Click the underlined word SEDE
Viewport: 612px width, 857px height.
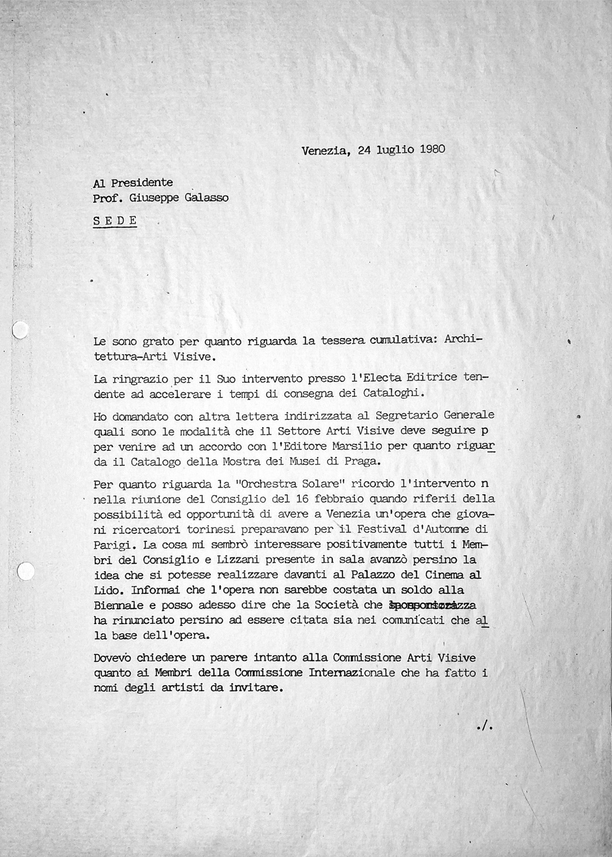pos(115,220)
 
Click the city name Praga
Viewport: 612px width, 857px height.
pos(365,462)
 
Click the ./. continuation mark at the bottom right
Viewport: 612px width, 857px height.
pos(482,727)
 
